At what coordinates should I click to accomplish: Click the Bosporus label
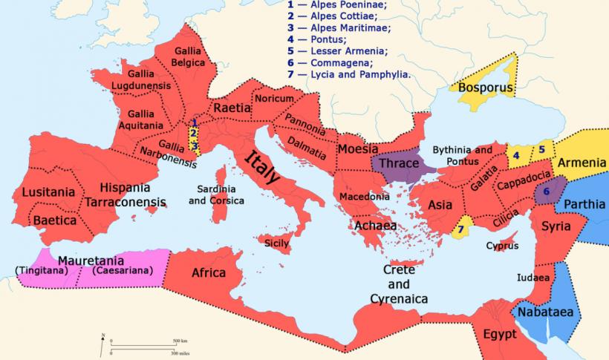point(486,88)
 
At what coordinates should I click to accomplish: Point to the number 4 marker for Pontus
point(542,149)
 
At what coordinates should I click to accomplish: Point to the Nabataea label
point(546,312)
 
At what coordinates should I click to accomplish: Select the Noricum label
point(274,99)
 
